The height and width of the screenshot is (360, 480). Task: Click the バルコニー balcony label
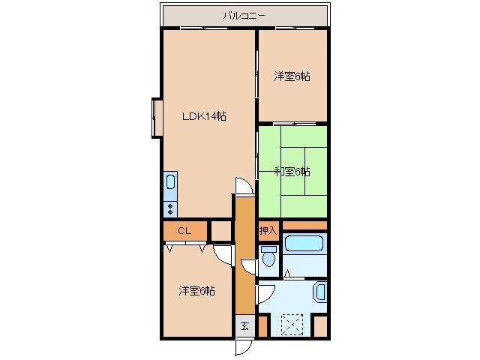245,14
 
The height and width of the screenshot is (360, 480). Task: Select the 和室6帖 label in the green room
292,172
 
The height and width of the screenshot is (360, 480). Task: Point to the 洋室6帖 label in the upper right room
292,76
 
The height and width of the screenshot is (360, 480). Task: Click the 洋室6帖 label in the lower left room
197,290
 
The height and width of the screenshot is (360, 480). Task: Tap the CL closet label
184,230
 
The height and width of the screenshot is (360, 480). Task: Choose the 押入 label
268,230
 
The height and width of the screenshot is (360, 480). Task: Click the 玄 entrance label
244,326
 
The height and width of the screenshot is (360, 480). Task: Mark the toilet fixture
268,258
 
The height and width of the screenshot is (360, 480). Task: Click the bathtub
304,244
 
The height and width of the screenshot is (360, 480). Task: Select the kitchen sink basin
170,183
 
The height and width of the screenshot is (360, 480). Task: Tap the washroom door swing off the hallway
265,292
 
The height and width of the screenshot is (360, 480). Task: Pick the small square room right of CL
221,231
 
